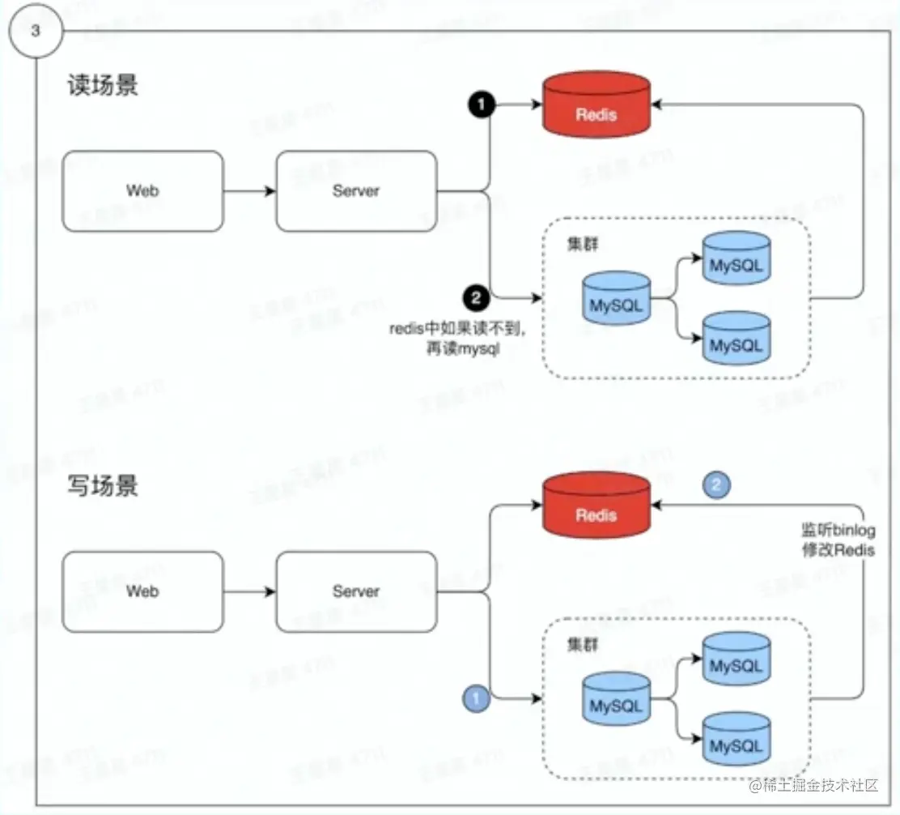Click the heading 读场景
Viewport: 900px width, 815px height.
103,86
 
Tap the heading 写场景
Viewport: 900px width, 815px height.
103,486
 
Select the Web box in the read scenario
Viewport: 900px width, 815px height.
142,191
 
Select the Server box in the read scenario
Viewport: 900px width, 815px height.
356,191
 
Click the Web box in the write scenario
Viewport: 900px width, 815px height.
142,592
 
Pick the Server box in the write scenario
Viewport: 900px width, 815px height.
356,592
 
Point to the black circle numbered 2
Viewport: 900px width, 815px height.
476,298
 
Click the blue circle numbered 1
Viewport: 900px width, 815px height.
476,697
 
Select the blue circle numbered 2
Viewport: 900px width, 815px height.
718,484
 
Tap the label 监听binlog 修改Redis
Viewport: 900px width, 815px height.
837,540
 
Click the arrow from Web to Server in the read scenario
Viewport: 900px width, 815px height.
249,192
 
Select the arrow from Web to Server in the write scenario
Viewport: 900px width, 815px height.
249,592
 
